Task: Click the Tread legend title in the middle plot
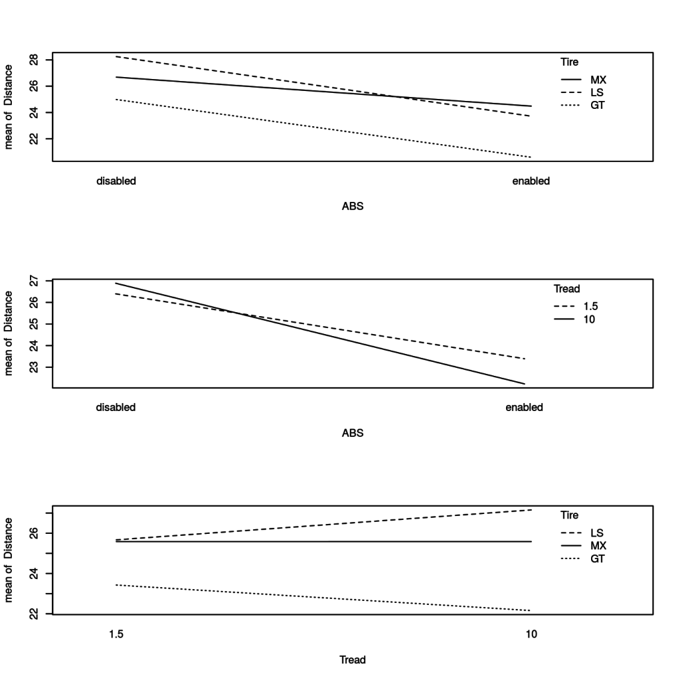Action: (566, 289)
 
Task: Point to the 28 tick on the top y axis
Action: (31, 60)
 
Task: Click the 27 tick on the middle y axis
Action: (31, 282)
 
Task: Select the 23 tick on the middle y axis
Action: (31, 367)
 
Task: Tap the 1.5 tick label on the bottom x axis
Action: (116, 634)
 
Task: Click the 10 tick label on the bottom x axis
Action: (530, 634)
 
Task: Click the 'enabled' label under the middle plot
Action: (524, 408)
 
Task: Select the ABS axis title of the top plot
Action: (352, 207)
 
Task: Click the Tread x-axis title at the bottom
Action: (352, 660)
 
